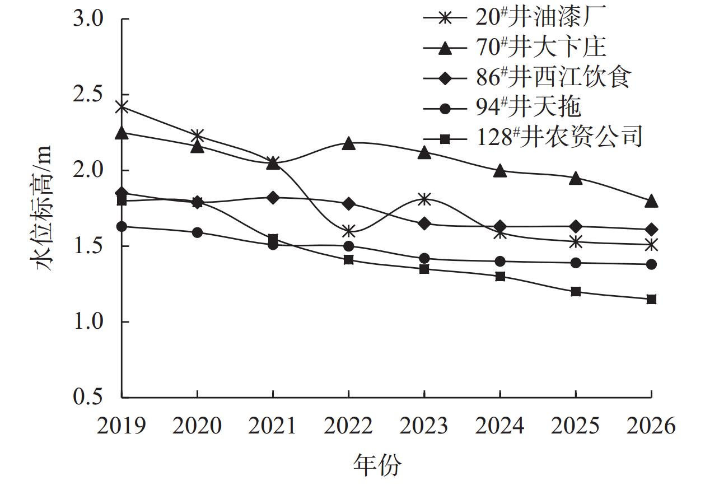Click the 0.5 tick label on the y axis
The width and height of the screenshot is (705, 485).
tap(88, 398)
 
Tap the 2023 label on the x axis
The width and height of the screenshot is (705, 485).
tap(424, 427)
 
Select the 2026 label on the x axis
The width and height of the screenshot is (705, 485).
tap(651, 427)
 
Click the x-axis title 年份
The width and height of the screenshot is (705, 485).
tap(377, 465)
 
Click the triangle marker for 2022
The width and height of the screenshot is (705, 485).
tap(348, 144)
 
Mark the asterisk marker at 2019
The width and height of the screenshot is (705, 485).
tap(122, 107)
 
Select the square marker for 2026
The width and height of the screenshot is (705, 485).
tap(651, 299)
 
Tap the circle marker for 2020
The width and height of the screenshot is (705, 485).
tap(197, 232)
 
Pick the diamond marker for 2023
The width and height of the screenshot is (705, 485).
tap(424, 223)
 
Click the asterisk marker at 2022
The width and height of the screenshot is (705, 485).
tap(348, 231)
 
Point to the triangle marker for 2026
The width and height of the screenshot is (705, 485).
tap(651, 202)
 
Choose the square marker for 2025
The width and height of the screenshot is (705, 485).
tap(576, 291)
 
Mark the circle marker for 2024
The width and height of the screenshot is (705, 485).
tap(500, 261)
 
